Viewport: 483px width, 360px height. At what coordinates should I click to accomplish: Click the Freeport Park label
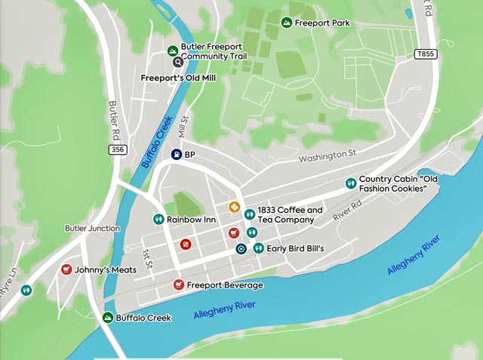point(322,23)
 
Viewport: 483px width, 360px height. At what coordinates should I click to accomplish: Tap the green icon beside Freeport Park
point(287,23)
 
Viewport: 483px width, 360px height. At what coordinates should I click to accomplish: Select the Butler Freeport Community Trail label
point(211,51)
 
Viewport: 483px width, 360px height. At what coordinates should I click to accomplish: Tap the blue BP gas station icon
point(176,155)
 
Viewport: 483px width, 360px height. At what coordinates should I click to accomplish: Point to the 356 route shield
point(117,150)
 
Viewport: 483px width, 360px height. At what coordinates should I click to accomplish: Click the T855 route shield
point(424,55)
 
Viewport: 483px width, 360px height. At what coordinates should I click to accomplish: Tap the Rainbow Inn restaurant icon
point(158,220)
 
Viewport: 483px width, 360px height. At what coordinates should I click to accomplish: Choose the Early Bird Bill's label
point(295,248)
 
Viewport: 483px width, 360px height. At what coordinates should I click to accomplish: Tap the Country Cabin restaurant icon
point(350,183)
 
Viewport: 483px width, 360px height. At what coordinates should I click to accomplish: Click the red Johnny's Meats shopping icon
point(66,269)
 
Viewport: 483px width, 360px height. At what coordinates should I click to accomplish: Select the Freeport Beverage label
point(225,285)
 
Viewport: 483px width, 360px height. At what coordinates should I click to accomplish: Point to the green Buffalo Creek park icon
point(108,318)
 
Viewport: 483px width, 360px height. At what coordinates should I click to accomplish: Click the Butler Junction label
point(92,229)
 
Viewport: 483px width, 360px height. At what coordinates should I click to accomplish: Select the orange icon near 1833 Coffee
point(234,207)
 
